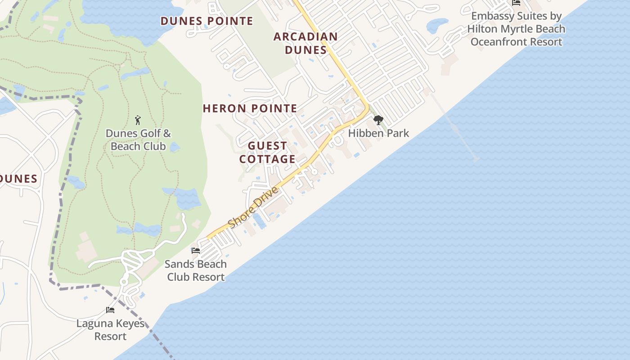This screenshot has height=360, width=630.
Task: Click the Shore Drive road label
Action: click(253, 207)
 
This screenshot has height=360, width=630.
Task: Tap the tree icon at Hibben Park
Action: click(378, 120)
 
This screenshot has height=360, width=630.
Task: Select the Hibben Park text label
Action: click(378, 133)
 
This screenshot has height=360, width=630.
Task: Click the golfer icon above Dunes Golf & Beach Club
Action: click(138, 120)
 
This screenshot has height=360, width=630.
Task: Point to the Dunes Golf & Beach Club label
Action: click(138, 140)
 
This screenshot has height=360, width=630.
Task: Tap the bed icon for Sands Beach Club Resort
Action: click(196, 250)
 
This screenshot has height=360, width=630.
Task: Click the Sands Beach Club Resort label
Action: click(196, 270)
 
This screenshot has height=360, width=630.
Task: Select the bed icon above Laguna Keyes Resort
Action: click(110, 310)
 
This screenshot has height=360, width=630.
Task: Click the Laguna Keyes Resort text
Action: click(110, 330)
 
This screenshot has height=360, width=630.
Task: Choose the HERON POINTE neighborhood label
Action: click(250, 108)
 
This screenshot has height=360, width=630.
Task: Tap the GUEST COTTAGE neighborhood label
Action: click(267, 153)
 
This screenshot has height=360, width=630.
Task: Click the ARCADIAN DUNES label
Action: click(306, 43)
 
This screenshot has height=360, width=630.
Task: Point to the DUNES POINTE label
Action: click(207, 21)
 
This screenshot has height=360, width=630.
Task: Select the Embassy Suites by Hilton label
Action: click(516, 29)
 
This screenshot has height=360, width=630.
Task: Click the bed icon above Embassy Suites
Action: click(516, 3)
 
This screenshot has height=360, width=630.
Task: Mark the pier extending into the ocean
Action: click(454, 126)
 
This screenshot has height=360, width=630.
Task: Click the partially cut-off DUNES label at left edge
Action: click(18, 179)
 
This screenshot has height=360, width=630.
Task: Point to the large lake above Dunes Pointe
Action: click(126, 16)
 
